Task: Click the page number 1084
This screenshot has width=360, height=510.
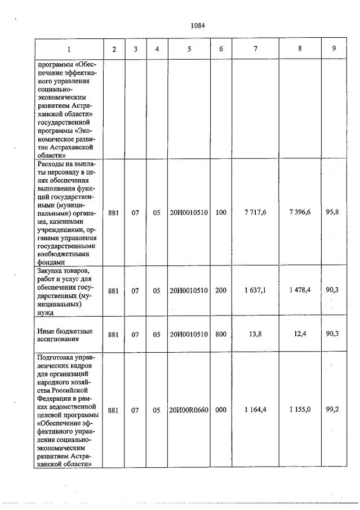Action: tap(197, 25)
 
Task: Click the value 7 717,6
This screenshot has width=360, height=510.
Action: tap(255, 213)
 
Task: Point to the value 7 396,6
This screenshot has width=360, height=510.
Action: tap(300, 213)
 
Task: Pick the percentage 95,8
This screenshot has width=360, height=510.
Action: tap(335, 212)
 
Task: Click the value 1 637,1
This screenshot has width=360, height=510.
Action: tap(255, 290)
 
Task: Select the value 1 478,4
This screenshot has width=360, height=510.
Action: tap(300, 290)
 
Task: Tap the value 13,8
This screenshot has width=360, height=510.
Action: tap(256, 334)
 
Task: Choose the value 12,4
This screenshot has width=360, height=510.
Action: tap(300, 334)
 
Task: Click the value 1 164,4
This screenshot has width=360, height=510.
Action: tap(255, 410)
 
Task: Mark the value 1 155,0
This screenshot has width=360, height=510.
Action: tap(300, 410)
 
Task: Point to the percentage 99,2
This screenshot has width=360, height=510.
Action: tap(335, 410)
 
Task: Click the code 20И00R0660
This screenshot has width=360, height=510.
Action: tap(189, 410)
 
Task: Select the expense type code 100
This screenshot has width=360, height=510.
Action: tap(221, 213)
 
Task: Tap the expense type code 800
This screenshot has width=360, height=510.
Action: tap(221, 334)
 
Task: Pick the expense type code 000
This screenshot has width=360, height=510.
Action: tap(221, 410)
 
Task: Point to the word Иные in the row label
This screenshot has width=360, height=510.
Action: tap(45, 330)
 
